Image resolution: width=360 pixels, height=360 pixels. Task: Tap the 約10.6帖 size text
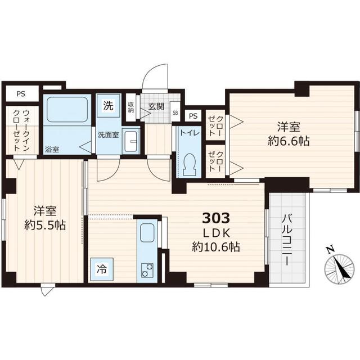pyautogui.click(x=216, y=246)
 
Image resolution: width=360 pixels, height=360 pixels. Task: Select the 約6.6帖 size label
pyautogui.click(x=289, y=141)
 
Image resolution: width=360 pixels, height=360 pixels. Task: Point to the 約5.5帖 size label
pyautogui.click(x=46, y=225)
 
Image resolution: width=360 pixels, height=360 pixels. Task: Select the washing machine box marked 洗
pyautogui.click(x=108, y=105)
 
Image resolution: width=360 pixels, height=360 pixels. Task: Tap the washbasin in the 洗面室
pyautogui.click(x=132, y=141)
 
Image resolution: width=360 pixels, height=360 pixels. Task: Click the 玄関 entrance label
pyautogui.click(x=156, y=106)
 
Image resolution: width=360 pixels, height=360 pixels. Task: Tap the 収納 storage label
pyautogui.click(x=131, y=107)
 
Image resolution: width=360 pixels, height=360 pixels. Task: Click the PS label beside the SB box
pyautogui.click(x=193, y=116)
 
